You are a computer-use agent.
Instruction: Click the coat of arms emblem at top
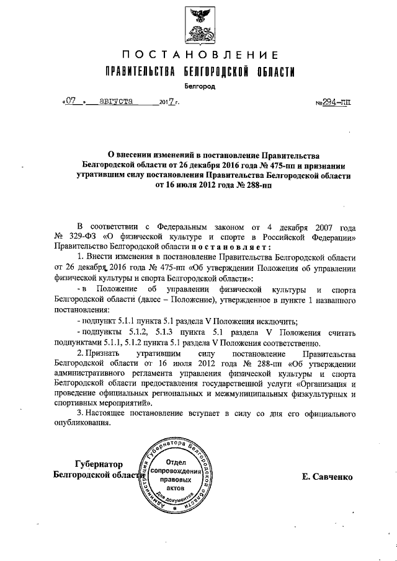[198, 23]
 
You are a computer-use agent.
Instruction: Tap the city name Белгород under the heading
[199, 87]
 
